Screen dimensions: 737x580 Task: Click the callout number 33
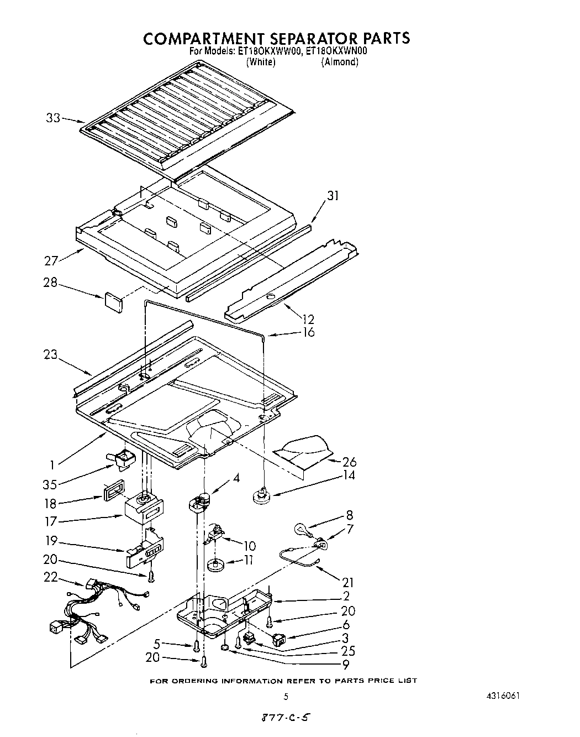coord(52,118)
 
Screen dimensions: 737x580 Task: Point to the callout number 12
coord(308,319)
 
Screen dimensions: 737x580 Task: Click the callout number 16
coord(308,332)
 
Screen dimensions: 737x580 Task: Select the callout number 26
coord(349,462)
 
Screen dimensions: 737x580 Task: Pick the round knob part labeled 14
coord(261,495)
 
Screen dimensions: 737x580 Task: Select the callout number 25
coord(348,651)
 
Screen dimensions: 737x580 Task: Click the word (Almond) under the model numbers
coord(340,62)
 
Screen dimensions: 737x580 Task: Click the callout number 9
coord(345,665)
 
